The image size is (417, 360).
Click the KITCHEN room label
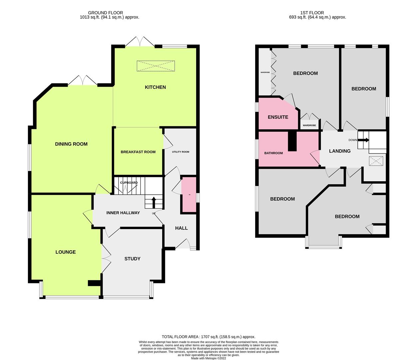pos(155,87)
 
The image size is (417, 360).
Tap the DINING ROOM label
pos(71,144)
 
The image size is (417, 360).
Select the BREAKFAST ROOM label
pos(138,152)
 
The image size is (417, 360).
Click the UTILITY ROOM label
pos(181,152)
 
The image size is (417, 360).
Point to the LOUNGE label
pos(66,252)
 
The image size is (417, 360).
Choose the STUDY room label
pos(132,259)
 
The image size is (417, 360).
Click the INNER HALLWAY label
pos(123,213)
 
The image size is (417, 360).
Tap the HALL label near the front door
pos(182,228)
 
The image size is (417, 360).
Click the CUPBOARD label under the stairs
pos(129,183)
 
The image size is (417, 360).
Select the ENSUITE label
pos(278,117)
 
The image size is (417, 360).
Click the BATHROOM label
pos(273,153)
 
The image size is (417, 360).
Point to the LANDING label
pos(340,151)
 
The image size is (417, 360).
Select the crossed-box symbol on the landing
pos(376,161)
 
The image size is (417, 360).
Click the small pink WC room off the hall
pos(189,195)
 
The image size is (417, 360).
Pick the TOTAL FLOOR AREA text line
pos(209,337)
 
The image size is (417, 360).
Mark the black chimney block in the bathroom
pos(292,141)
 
